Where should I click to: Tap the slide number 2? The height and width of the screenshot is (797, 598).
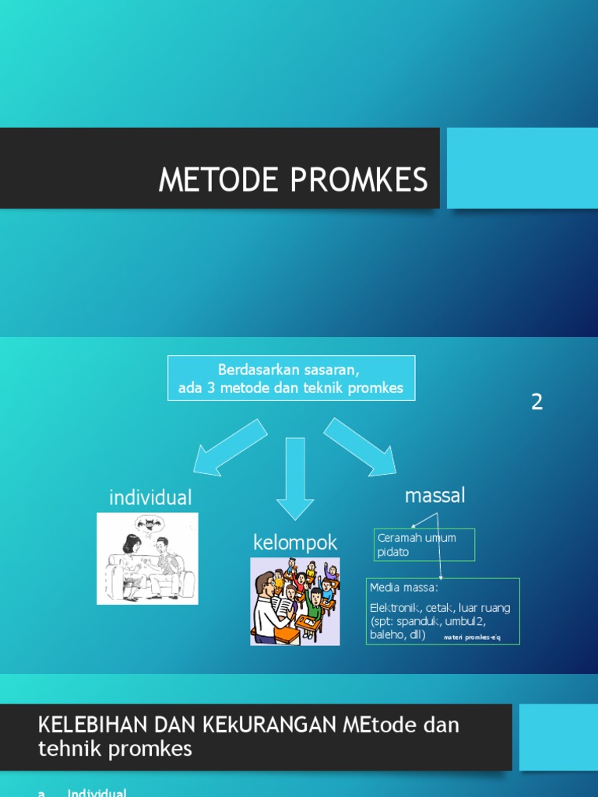(536, 402)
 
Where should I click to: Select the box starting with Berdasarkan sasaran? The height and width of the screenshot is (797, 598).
(291, 377)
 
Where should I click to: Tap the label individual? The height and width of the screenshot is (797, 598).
(150, 497)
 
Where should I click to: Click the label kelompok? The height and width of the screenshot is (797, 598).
(295, 542)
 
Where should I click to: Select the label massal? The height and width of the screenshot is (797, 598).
(434, 495)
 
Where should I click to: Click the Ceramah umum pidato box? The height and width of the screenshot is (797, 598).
(424, 545)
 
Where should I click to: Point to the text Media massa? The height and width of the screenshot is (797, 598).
(404, 588)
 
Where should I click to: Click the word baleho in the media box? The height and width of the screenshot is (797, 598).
(387, 635)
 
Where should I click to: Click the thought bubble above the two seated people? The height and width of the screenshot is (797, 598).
(147, 524)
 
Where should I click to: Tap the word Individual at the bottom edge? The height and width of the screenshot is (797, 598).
(97, 792)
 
